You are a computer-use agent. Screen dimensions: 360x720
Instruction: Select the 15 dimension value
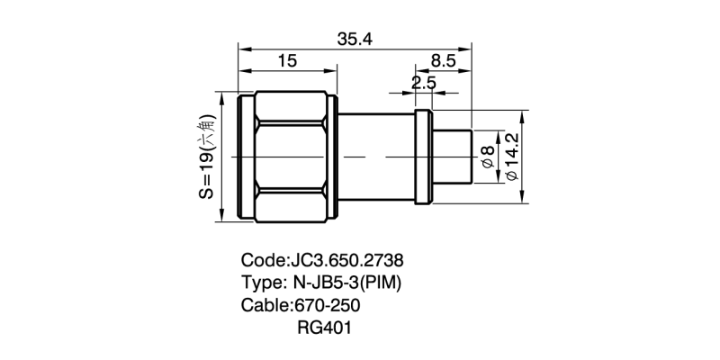click(x=287, y=61)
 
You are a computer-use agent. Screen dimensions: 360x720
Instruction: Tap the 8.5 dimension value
click(x=444, y=61)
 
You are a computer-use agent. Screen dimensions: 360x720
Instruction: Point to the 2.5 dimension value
click(x=423, y=83)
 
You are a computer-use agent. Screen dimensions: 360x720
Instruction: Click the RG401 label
click(x=324, y=328)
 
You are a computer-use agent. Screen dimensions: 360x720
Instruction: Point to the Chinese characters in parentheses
click(x=207, y=130)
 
